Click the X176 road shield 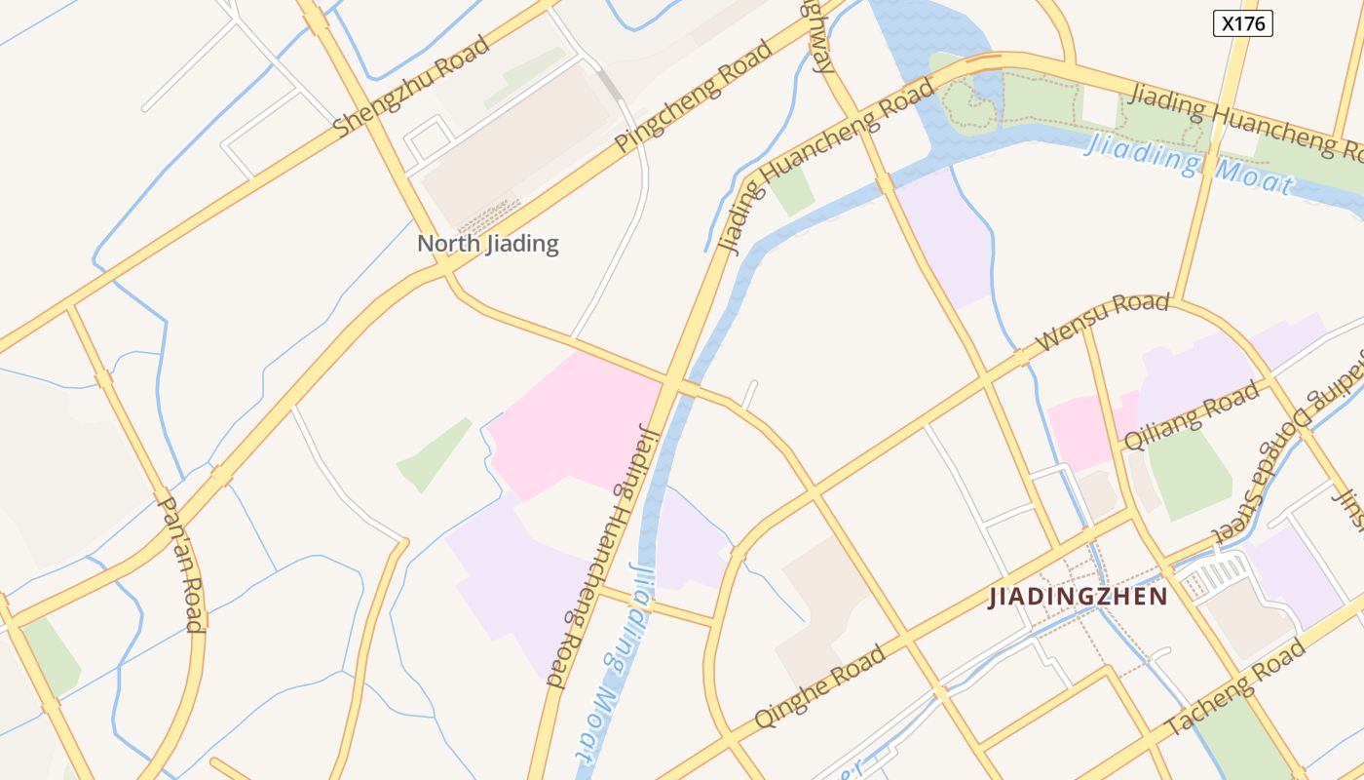coord(1244,23)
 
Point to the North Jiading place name coord(487,243)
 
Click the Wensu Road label coord(1102,322)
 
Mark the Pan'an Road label coord(181,564)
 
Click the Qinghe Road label coord(820,685)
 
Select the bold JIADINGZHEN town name coord(1078,597)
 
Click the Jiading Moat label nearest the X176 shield coord(1189,163)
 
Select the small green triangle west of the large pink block coord(434,456)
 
